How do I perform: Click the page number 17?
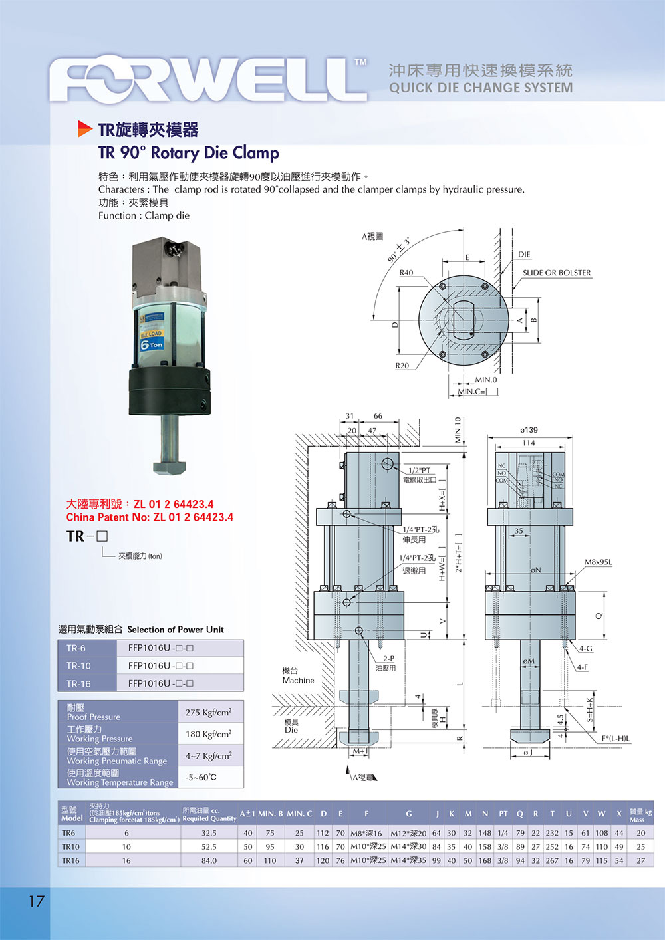tap(36, 901)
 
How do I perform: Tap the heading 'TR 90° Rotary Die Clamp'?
tap(188, 153)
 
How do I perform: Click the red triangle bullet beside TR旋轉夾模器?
tap(84, 128)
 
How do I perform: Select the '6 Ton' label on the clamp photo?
tap(152, 344)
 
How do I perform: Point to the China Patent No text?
tap(150, 517)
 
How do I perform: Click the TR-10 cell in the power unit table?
tap(78, 665)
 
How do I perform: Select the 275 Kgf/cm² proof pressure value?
tap(208, 712)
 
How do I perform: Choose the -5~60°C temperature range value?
tap(201, 777)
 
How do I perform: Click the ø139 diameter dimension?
tap(529, 430)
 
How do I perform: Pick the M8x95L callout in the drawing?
tap(598, 562)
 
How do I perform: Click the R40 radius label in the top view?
tap(406, 273)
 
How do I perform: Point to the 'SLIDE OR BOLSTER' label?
tap(556, 273)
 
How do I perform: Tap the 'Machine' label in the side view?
tap(298, 680)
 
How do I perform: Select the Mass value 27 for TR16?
tap(640, 860)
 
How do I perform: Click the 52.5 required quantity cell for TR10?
tap(209, 847)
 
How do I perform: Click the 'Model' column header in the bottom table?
tap(72, 818)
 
